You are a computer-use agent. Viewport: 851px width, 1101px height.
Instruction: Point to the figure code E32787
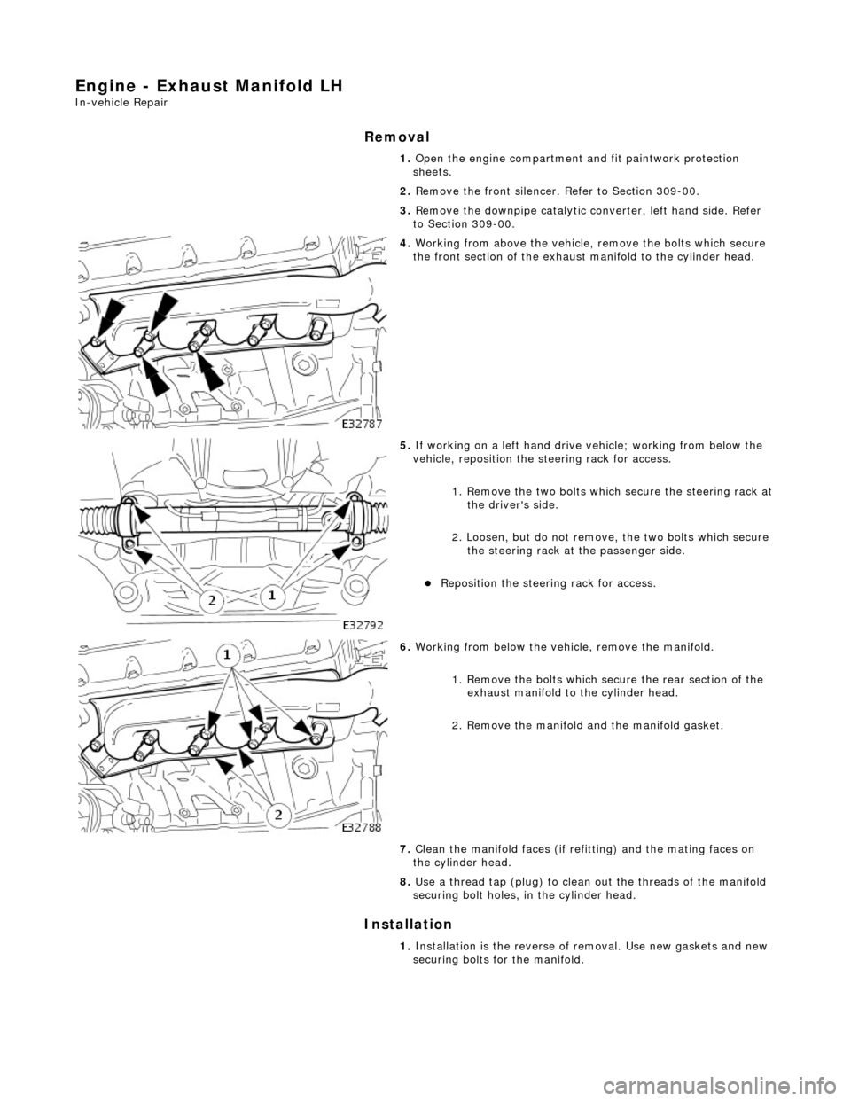coord(364,425)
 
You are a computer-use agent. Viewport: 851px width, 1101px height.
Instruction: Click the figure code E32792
coord(364,624)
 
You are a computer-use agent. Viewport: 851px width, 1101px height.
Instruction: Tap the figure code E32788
coord(364,826)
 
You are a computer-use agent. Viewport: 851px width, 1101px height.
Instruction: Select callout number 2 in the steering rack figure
coord(214,602)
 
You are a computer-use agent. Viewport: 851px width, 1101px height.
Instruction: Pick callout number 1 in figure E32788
coord(228,654)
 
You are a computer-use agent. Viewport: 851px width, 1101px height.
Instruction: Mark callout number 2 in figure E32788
coord(277,816)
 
